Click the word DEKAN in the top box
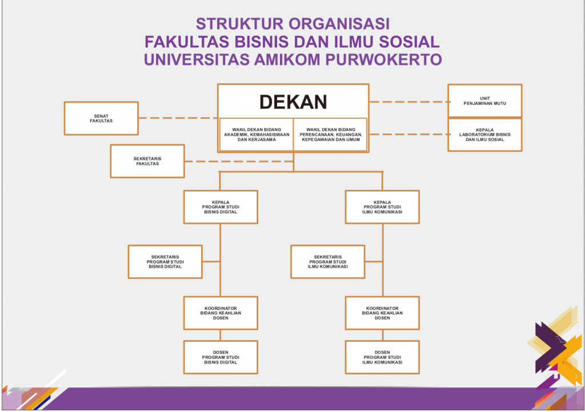click(x=293, y=102)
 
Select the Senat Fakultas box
click(x=101, y=119)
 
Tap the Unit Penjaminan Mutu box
click(x=484, y=100)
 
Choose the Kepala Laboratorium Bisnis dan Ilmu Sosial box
click(x=484, y=135)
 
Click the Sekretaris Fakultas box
click(x=147, y=161)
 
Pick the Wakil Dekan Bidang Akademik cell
click(x=257, y=135)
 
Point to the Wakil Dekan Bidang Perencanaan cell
click(x=330, y=135)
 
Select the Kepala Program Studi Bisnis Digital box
click(x=221, y=207)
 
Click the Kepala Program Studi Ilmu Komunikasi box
click(x=382, y=207)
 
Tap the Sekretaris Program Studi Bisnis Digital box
click(x=165, y=262)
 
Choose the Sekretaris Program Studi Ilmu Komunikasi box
click(x=327, y=262)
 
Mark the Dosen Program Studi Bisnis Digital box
click(x=221, y=357)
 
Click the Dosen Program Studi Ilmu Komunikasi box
click(x=382, y=357)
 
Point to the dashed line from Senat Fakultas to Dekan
click(x=177, y=118)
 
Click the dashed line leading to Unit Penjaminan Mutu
click(x=408, y=102)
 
